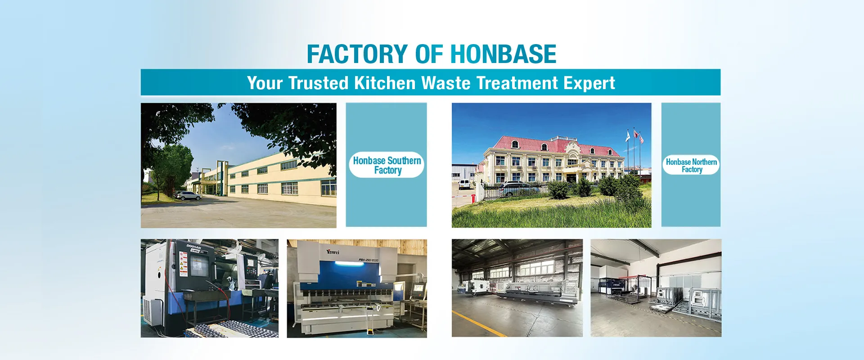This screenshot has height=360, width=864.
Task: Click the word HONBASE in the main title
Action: [503, 54]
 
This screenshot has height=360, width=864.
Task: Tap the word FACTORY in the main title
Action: [357, 54]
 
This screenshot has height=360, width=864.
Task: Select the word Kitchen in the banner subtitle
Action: [385, 83]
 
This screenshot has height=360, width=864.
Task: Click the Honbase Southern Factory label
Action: [387, 165]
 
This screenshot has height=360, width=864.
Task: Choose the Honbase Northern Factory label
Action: [691, 165]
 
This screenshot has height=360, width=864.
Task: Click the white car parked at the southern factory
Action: [188, 196]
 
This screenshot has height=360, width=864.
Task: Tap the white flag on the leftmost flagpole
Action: [627, 136]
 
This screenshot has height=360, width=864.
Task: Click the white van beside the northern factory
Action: [464, 184]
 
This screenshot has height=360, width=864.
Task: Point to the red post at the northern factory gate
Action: [473, 198]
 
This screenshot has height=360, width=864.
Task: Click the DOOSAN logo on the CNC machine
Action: [194, 247]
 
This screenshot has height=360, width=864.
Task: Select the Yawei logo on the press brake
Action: [333, 251]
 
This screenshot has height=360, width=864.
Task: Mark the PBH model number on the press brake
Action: [369, 260]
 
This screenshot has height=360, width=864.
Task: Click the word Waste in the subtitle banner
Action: [445, 83]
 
